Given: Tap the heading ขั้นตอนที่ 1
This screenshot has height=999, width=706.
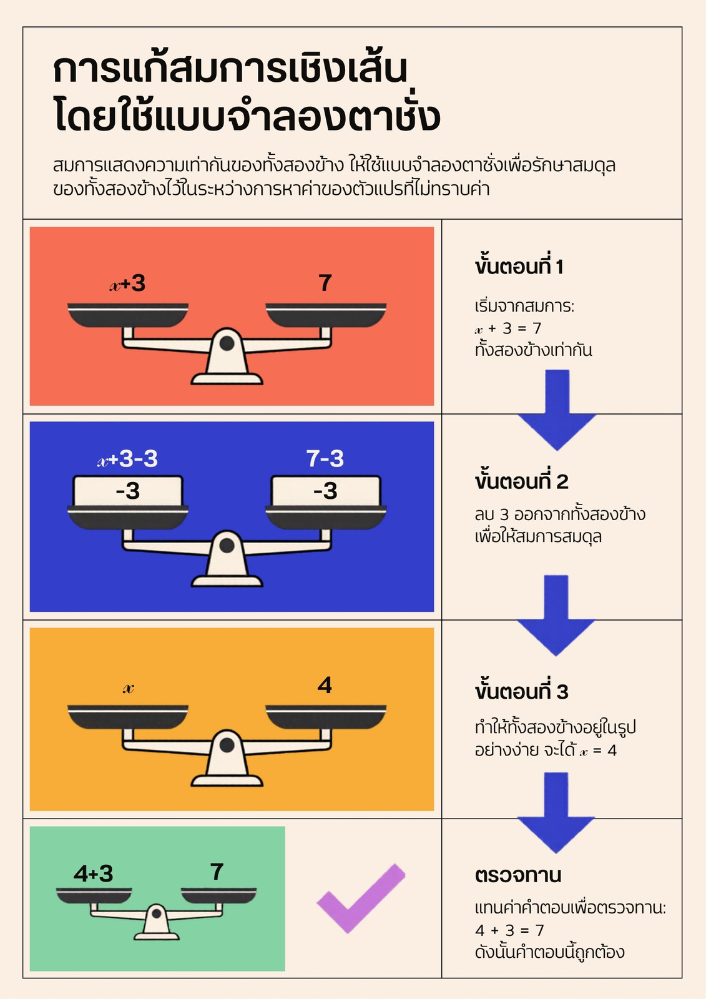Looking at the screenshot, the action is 519,266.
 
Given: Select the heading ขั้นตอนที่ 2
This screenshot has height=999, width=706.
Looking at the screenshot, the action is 521,481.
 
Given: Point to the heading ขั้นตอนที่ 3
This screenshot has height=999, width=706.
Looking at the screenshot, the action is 521,691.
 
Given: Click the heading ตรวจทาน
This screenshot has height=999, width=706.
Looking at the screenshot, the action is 517,875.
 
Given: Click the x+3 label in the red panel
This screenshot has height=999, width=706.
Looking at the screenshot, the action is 127,283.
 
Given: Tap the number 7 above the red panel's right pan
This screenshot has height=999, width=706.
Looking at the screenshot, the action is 325,283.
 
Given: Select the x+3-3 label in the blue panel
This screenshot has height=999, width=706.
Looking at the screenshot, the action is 127,458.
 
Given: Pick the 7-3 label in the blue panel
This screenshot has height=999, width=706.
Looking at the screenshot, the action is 325,458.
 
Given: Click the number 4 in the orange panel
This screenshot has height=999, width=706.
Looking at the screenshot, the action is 325,685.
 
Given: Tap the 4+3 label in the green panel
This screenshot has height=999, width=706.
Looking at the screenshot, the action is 93,874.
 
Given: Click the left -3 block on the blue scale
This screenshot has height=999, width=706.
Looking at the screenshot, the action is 128,491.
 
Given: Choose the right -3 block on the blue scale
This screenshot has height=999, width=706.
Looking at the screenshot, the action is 326,491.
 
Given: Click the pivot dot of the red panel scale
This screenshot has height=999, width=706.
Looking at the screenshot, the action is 227,343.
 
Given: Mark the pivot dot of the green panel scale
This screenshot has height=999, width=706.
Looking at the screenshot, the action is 157,913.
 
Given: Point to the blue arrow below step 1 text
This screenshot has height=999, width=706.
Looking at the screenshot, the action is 557,410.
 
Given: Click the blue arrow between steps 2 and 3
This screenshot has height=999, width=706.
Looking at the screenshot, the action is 556,616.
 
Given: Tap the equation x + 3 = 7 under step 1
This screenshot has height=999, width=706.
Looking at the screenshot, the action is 508,328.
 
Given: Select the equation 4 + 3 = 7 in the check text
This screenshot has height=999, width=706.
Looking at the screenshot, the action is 509,930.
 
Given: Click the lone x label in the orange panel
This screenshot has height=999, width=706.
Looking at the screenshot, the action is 129,689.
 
